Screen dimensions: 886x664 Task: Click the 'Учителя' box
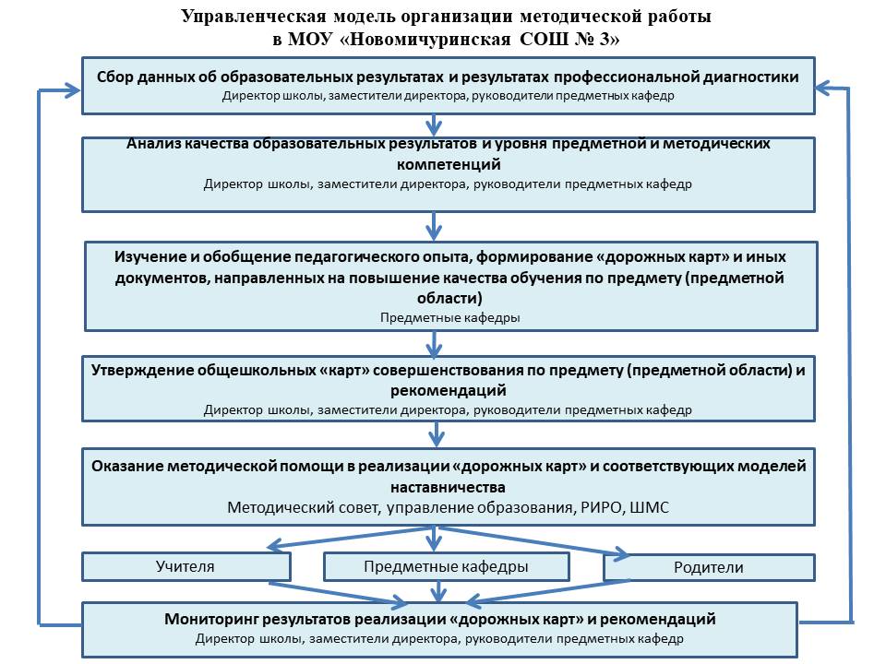186,566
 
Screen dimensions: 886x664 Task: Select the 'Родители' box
709,567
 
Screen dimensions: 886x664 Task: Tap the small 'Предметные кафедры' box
447,566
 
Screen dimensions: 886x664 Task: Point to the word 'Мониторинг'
212,620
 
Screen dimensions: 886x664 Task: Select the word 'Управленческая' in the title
255,17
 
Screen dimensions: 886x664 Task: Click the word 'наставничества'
449,487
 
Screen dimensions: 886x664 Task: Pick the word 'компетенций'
449,164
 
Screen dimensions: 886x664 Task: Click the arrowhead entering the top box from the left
72,90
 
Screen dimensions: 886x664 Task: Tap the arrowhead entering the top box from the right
824,89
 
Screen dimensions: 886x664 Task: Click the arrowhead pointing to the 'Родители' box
622,552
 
